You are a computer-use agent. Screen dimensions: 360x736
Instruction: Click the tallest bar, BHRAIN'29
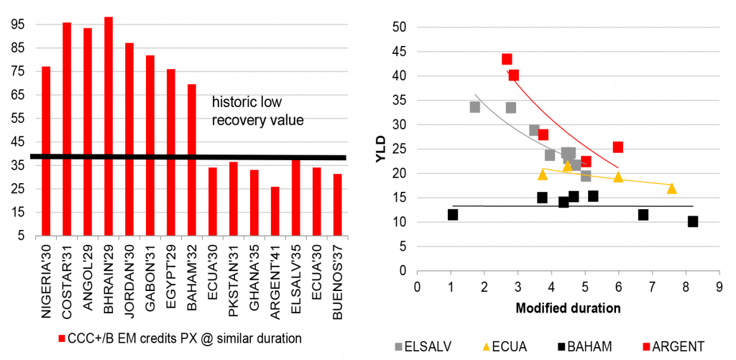coord(109,126)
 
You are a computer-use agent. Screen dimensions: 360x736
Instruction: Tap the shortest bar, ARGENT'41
coord(275,211)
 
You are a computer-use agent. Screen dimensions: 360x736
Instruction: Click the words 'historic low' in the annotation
coord(243,103)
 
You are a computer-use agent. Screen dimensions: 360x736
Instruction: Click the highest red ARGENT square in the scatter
coord(507,60)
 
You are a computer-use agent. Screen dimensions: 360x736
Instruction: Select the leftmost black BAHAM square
coord(453,214)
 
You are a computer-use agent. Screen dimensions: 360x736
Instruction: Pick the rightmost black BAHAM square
coord(693,221)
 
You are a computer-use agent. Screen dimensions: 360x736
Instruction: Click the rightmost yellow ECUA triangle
coord(671,188)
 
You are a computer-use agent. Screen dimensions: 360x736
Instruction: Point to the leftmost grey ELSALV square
coord(474,107)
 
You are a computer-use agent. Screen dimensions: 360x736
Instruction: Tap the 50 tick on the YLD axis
coord(399,27)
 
